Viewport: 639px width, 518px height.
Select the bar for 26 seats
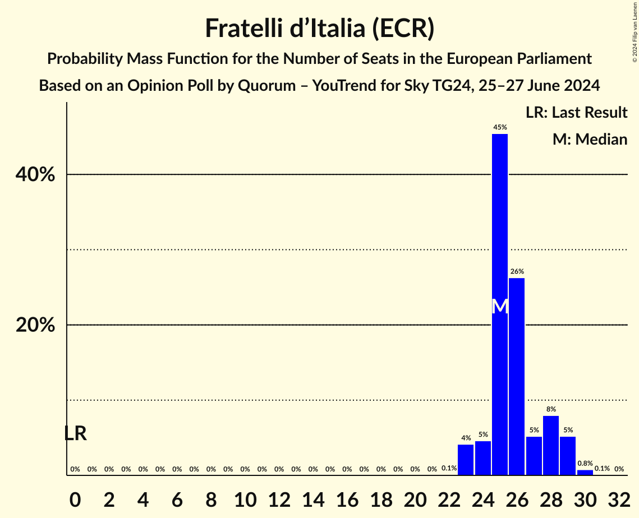(517, 376)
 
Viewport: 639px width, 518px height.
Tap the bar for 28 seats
(551, 445)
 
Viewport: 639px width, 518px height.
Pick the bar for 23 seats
(466, 460)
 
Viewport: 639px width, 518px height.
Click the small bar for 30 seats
(585, 473)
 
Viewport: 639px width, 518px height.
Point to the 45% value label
(500, 127)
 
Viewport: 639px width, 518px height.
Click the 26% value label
(517, 271)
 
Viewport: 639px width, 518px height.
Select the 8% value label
(551, 409)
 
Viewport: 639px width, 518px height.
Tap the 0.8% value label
(585, 464)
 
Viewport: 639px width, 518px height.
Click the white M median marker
(500, 307)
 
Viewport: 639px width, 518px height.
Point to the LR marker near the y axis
(75, 433)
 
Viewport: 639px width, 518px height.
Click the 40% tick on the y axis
(35, 175)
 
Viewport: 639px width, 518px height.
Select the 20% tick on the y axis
(35, 325)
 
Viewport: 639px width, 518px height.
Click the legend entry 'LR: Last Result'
(576, 113)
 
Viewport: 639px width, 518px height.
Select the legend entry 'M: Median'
(590, 139)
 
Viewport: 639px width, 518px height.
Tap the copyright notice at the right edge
(635, 31)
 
